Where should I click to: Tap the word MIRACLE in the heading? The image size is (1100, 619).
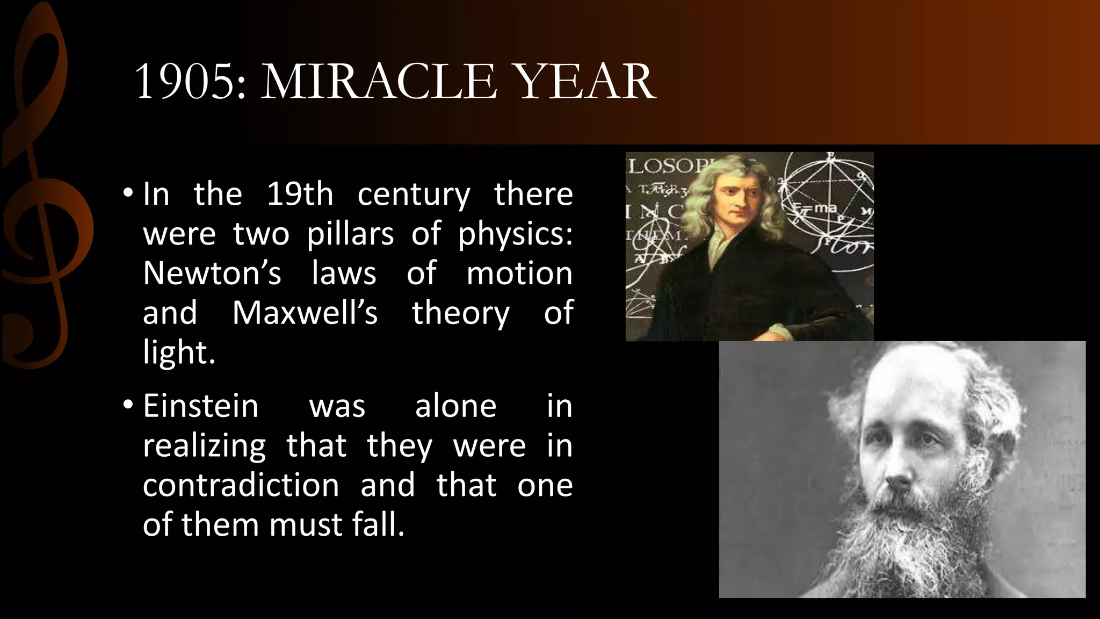379,82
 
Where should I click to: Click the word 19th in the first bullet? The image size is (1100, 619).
300,194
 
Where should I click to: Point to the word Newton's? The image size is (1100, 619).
212,273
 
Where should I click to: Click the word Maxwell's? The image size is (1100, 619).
305,313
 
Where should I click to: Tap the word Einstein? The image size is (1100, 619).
200,406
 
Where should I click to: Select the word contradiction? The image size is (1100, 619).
241,485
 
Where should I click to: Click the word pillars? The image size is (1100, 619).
350,234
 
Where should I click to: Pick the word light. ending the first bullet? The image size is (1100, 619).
179,352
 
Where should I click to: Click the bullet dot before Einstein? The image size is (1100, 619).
127,405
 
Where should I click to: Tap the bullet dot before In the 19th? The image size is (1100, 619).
127,193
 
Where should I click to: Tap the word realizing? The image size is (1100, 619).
204,446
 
